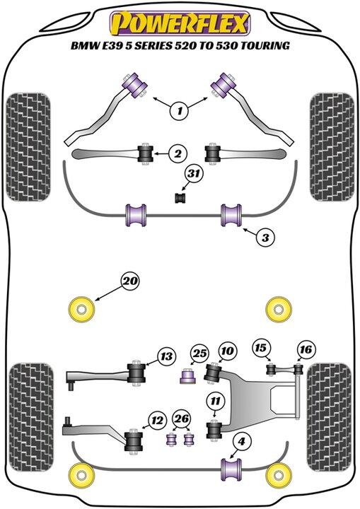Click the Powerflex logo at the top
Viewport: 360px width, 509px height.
[x=180, y=23]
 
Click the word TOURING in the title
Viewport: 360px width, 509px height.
[x=265, y=45]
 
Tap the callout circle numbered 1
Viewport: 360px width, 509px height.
[x=180, y=111]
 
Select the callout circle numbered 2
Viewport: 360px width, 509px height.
[x=178, y=153]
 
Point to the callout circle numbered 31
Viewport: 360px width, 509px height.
[x=194, y=174]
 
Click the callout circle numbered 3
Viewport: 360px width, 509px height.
[x=265, y=238]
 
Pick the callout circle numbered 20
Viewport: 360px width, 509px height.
[x=130, y=281]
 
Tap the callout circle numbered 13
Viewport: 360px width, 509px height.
[x=166, y=357]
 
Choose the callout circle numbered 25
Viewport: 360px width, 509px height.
[x=199, y=353]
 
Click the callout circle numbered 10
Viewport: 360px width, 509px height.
[x=228, y=351]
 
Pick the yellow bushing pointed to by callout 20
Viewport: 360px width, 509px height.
[x=81, y=310]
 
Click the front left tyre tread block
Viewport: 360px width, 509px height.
[x=28, y=147]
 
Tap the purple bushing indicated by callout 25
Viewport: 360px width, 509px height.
[x=188, y=376]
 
